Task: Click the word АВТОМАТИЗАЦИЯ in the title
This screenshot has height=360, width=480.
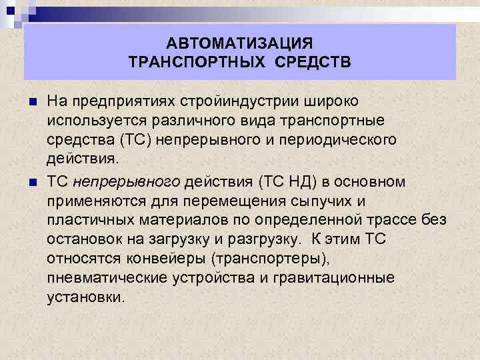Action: click(x=239, y=44)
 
